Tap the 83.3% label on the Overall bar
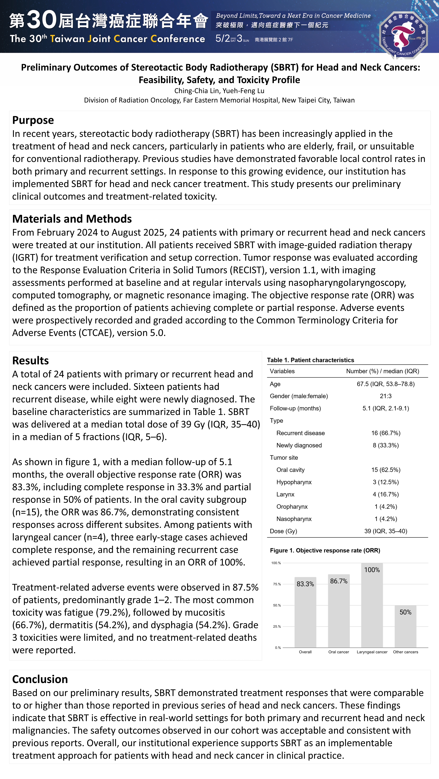[305, 584]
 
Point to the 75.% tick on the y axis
[277, 584]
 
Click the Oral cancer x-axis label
[339, 652]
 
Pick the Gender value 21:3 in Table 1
[386, 396]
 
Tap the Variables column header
[282, 371]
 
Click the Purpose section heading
[33, 120]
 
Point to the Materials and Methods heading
[72, 219]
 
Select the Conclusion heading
[40, 679]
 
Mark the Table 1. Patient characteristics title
[310, 360]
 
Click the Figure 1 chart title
[325, 550]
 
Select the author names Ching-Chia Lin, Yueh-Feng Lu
[219, 91]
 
